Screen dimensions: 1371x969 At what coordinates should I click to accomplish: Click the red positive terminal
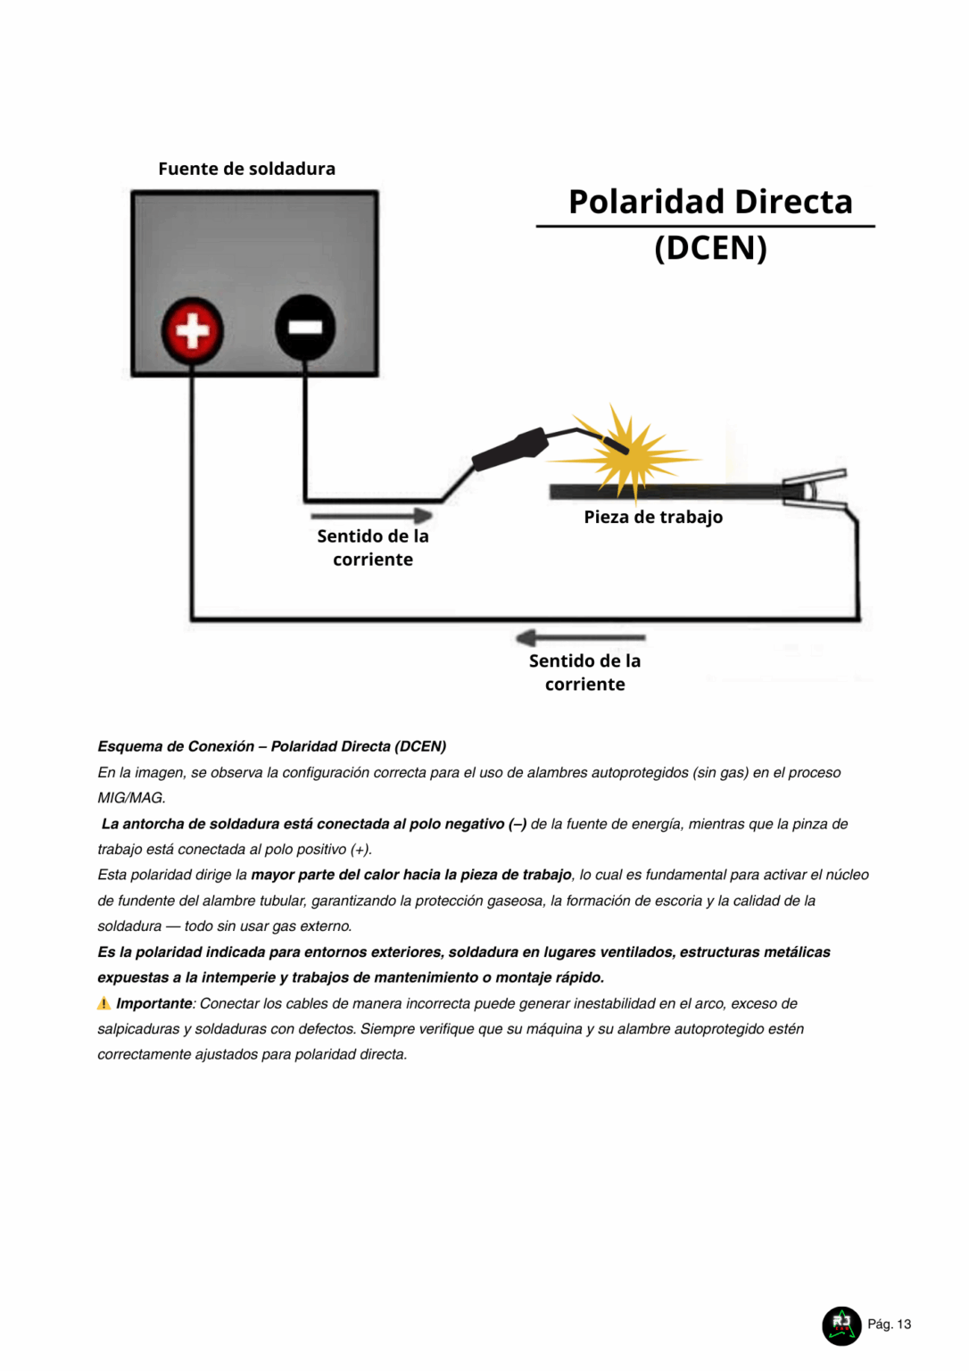pyautogui.click(x=192, y=330)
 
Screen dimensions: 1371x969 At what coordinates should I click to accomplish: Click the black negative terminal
pyautogui.click(x=305, y=328)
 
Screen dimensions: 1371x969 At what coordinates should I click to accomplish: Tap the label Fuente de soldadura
pyautogui.click(x=246, y=169)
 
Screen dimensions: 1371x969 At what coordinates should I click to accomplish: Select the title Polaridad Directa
pyautogui.click(x=710, y=202)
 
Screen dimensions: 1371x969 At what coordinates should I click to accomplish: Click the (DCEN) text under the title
pyautogui.click(x=710, y=247)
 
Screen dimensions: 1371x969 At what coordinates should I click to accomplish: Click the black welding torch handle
pyautogui.click(x=509, y=449)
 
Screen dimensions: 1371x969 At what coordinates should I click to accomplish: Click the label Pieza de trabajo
pyautogui.click(x=653, y=517)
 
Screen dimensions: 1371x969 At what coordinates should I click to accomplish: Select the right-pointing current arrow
pyautogui.click(x=371, y=515)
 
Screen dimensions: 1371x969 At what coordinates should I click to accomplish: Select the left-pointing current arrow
pyautogui.click(x=580, y=637)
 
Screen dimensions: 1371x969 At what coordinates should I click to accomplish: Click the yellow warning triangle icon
pyautogui.click(x=104, y=1003)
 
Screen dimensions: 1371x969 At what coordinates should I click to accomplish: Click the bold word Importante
pyautogui.click(x=154, y=1003)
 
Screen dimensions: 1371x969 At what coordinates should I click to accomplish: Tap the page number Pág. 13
pyautogui.click(x=889, y=1324)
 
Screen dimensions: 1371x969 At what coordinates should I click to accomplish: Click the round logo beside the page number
pyautogui.click(x=841, y=1325)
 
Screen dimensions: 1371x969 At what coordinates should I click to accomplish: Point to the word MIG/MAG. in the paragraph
pyautogui.click(x=131, y=798)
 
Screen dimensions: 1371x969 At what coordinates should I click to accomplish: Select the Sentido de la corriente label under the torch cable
pyautogui.click(x=373, y=547)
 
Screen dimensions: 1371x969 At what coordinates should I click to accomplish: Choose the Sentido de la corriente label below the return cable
pyautogui.click(x=584, y=672)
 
